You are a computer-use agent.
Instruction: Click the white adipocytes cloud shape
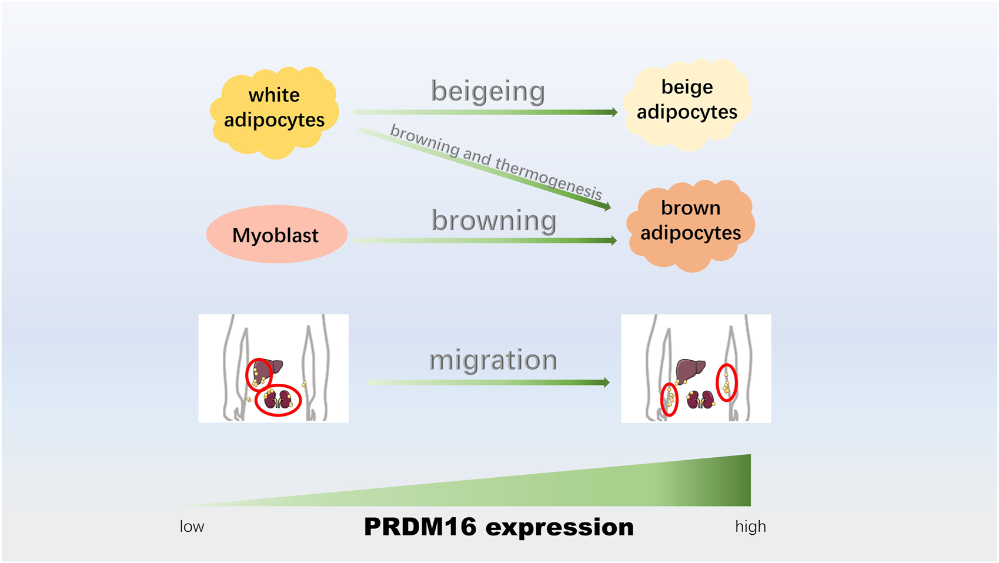[x=274, y=112]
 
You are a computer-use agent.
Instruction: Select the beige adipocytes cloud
[x=686, y=103]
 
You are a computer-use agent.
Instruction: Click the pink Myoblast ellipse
[x=276, y=234]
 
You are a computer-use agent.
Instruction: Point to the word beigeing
[x=487, y=91]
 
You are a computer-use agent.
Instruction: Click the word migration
[x=493, y=360]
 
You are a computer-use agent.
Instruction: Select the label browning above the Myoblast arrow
[x=493, y=220]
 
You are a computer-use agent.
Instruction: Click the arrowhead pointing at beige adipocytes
[x=613, y=112]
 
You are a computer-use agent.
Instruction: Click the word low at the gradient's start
[x=192, y=527]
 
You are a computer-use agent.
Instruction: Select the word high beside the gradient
[x=750, y=527]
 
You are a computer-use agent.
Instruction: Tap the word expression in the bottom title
[x=560, y=527]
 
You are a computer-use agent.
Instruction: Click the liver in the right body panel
[x=690, y=370]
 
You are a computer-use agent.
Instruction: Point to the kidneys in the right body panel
[x=700, y=400]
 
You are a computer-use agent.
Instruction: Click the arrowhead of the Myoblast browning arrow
[x=613, y=240]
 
